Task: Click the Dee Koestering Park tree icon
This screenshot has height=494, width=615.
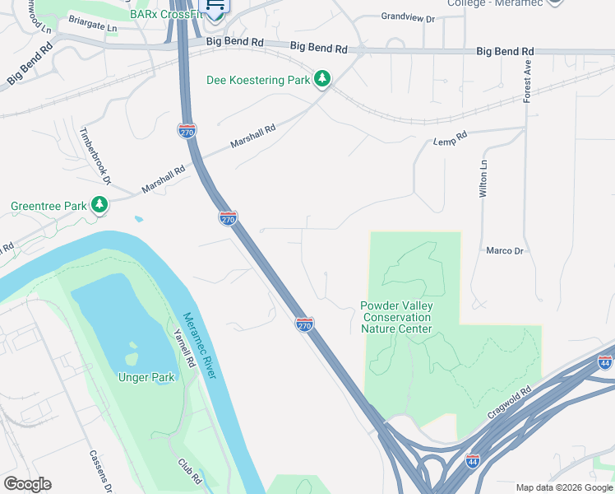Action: pos(323,80)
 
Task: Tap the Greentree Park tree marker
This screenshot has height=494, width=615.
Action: pos(99,204)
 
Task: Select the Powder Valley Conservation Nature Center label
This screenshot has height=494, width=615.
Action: pos(396,317)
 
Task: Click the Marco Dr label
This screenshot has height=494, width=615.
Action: pos(505,250)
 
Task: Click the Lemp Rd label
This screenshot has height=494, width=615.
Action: pos(450,142)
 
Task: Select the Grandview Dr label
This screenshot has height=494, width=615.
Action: pos(407,16)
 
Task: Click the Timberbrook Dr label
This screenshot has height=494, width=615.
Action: pos(94,156)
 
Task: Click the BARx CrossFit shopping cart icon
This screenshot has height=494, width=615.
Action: pos(215,7)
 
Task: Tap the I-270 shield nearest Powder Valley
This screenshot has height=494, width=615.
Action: pos(304,324)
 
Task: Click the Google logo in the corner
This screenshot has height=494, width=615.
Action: pos(27,484)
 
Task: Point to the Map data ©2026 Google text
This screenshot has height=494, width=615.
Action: pos(563,487)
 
